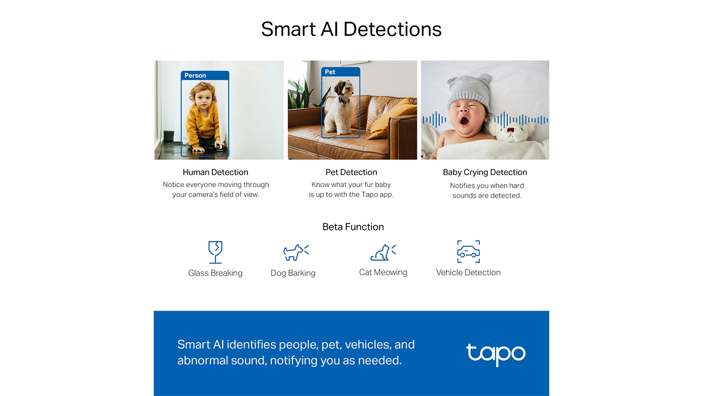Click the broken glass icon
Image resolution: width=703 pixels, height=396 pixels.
[x=215, y=252]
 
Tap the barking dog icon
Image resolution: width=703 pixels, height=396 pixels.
[x=296, y=252]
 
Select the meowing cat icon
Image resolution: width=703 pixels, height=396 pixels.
[x=383, y=252]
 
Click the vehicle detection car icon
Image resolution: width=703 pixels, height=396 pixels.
[x=468, y=251]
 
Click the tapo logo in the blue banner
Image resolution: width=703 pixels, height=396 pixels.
[x=496, y=354]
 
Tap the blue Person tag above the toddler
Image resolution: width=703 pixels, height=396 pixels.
[x=205, y=76]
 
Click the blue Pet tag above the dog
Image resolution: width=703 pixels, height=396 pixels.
[x=341, y=72]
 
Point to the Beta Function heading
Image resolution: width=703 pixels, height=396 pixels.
[x=353, y=227]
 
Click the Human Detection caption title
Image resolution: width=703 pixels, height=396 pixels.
[x=215, y=172]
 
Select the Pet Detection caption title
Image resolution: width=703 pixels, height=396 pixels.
[x=351, y=172]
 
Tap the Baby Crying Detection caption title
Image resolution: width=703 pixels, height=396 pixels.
[x=485, y=172]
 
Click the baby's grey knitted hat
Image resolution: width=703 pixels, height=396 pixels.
[x=469, y=91]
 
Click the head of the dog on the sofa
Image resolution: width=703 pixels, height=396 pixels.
[x=343, y=88]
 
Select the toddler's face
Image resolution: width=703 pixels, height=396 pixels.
[x=202, y=99]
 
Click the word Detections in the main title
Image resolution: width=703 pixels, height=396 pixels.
[x=392, y=29]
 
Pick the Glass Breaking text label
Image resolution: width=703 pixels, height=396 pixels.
[x=215, y=273]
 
